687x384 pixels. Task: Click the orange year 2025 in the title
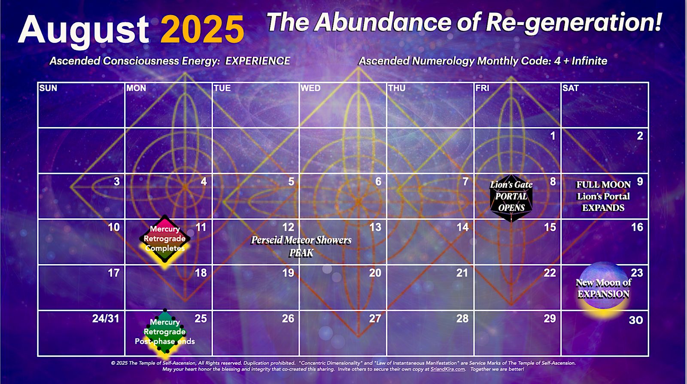202,30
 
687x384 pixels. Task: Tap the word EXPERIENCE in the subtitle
258,61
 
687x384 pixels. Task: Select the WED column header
310,88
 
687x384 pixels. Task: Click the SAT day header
571,88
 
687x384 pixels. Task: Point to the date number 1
553,136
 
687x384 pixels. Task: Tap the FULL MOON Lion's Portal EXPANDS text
603,196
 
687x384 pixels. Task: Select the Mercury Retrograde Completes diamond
165,239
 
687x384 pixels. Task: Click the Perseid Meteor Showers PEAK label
301,247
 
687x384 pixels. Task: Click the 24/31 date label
106,319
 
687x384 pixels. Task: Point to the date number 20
375,273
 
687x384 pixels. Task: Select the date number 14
462,227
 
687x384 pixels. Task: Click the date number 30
636,320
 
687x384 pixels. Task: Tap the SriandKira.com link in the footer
448,369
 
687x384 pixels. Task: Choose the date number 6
378,182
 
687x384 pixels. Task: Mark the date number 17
113,273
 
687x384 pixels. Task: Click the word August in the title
83,30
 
